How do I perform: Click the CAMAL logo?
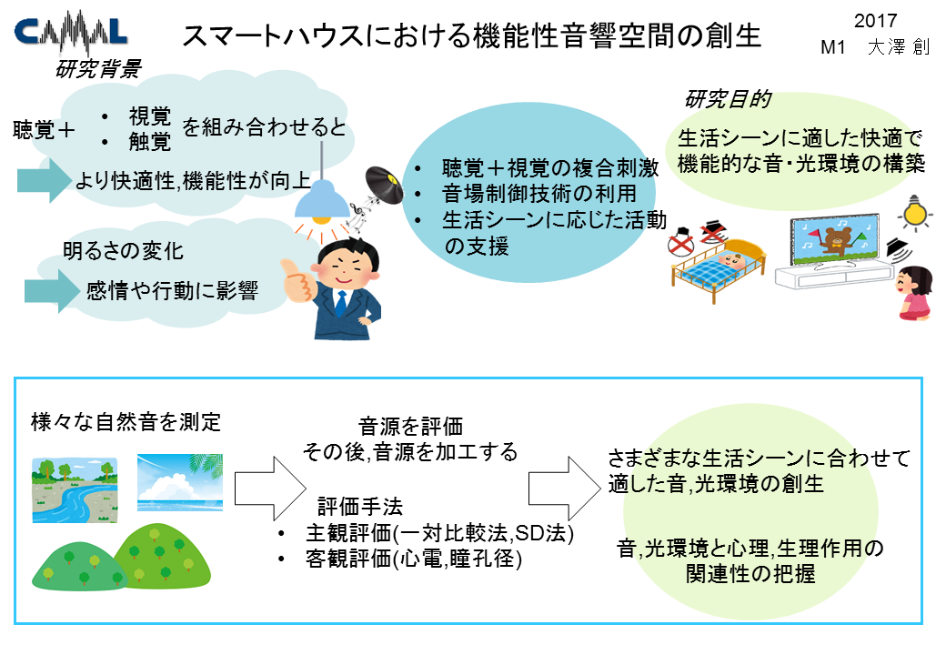pos(71,33)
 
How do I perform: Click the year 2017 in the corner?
pos(875,21)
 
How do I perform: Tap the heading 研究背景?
pos(98,69)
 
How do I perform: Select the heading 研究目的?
pos(729,99)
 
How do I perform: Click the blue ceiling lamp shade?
pos(322,198)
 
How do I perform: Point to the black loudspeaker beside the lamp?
pos(384,185)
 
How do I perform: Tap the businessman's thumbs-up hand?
pos(297,279)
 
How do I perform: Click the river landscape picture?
pos(75,489)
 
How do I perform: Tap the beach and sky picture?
pos(180,482)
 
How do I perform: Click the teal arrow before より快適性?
pos(44,180)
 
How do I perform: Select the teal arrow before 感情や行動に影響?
pos(52,291)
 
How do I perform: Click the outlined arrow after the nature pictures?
pos(270,489)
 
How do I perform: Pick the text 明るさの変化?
pos(123,251)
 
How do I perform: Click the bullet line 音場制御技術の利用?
pos(538,193)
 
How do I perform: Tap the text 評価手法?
pos(360,507)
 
